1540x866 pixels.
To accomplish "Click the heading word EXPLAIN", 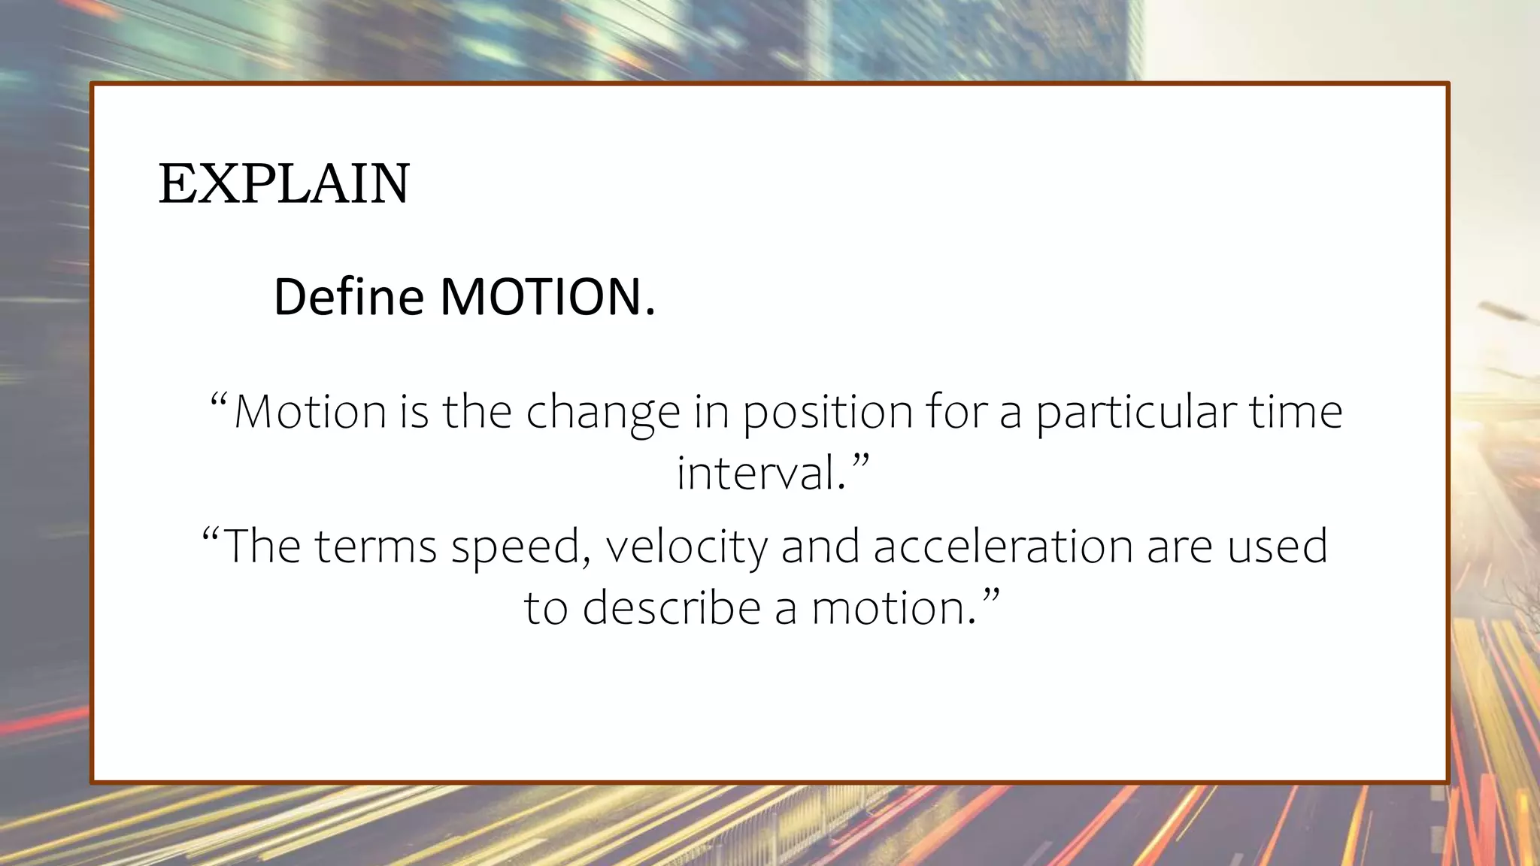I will (x=284, y=184).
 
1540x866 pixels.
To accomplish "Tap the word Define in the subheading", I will (x=349, y=297).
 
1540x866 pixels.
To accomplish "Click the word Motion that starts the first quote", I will (x=310, y=412).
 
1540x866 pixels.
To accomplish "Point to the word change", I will (x=602, y=413).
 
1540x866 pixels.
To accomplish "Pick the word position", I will (x=828, y=413).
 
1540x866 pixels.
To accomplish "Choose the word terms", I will (x=375, y=547).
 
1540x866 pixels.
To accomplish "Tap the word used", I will (x=1278, y=547).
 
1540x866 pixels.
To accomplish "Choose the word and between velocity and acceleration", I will (x=820, y=547).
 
